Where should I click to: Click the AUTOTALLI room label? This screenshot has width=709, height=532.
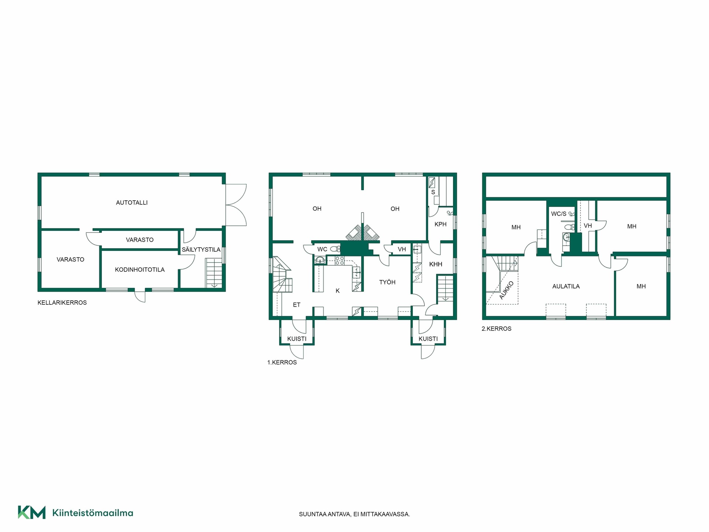pos(132,202)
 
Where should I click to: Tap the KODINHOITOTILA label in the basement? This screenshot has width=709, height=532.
pos(140,270)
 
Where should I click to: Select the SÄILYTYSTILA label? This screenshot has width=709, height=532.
pos(201,249)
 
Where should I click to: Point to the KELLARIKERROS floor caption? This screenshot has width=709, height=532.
pos(62,303)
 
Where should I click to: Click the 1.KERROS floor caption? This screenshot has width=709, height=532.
pos(282,362)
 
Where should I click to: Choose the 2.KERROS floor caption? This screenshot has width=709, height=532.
pos(496,329)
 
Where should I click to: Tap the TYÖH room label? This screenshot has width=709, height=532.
pos(387,282)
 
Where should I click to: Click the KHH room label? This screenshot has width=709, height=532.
pos(436,264)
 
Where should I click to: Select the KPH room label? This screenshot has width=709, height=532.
pos(441,224)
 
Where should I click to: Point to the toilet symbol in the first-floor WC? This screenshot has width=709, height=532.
pos(335,249)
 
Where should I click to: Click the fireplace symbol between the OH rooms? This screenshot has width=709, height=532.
pos(363,233)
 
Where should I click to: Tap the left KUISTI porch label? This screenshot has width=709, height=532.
pos(297,339)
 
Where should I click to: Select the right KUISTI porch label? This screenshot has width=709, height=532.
pos(428,339)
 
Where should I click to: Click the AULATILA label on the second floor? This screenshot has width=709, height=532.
pos(566,286)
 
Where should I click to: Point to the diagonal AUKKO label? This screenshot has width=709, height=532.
pos(506,290)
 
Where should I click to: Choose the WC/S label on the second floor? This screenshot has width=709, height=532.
pos(559,214)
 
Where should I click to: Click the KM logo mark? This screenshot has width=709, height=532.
pos(32,512)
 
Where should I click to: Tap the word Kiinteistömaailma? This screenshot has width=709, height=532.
pos(93,513)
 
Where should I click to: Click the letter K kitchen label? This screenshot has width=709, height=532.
pos(338,291)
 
